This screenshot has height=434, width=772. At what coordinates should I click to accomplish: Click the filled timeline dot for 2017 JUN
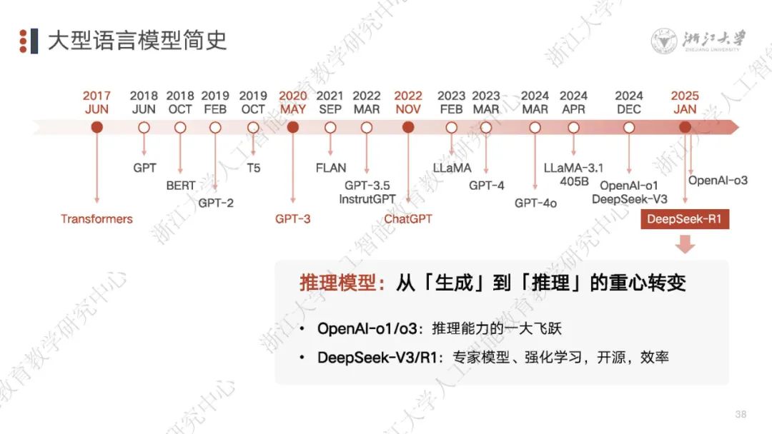(x=97, y=128)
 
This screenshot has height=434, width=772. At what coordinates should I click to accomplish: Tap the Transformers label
(x=96, y=219)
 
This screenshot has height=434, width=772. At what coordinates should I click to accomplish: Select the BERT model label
(x=180, y=186)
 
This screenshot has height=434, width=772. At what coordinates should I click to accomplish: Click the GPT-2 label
(x=216, y=203)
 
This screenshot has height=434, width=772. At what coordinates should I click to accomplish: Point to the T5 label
(x=253, y=168)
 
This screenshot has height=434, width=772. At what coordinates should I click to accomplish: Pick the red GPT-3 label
(x=293, y=219)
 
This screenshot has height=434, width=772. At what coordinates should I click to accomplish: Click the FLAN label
(x=330, y=168)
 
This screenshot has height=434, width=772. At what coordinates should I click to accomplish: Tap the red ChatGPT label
(x=408, y=219)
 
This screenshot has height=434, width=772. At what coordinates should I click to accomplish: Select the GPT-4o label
(x=535, y=203)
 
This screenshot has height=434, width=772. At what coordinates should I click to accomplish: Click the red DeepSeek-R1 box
(x=684, y=219)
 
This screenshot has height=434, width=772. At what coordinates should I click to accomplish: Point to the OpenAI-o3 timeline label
(x=718, y=181)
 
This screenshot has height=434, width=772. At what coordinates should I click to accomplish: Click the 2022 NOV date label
(x=408, y=103)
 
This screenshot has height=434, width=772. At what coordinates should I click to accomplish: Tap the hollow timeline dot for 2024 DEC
(x=629, y=128)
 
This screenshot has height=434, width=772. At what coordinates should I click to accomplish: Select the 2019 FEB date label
(x=215, y=103)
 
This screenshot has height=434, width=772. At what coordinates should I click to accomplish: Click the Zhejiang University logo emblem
(x=664, y=41)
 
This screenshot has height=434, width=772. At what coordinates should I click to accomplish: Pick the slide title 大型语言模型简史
(x=137, y=41)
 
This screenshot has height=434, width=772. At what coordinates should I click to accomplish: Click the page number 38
(x=741, y=414)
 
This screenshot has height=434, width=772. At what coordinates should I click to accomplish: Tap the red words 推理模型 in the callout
(x=337, y=283)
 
